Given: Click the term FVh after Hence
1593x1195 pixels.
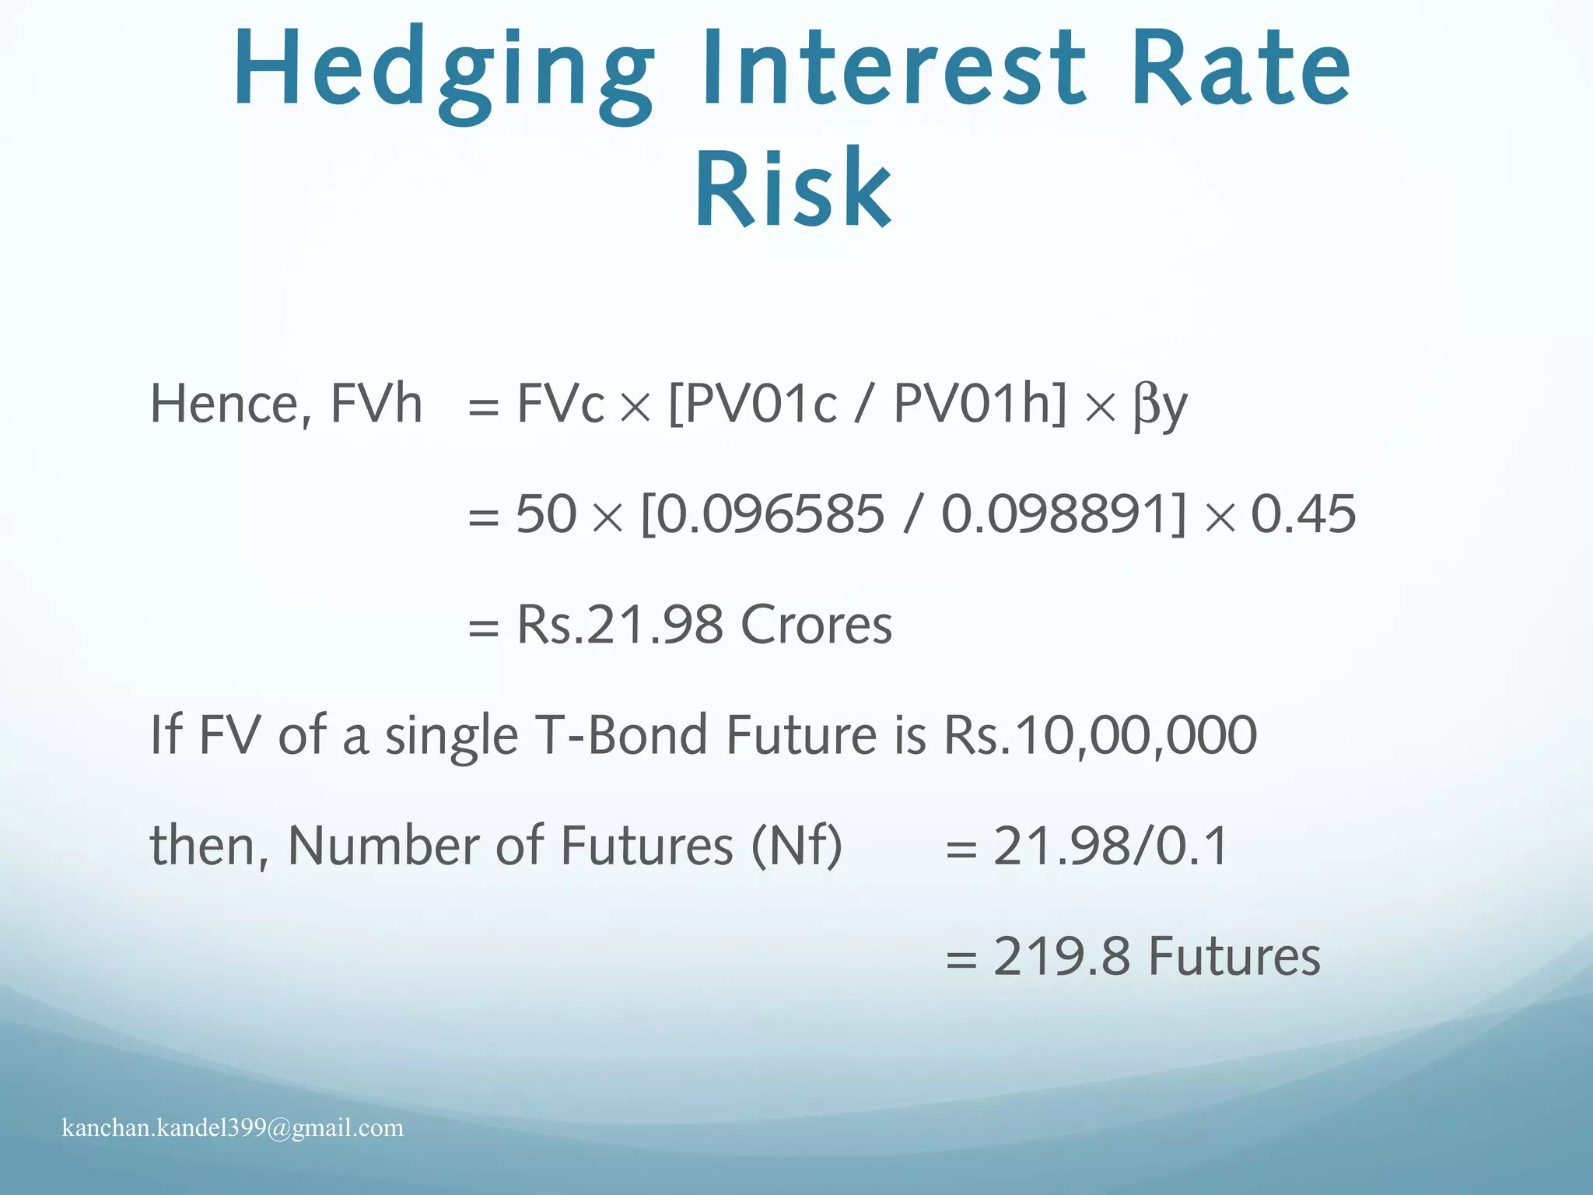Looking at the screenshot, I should tap(376, 405).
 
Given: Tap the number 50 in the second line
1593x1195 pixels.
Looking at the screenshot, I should tap(546, 515).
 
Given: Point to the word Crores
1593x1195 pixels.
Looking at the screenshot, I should tap(816, 625).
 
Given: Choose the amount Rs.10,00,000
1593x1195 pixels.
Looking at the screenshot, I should tap(1100, 735).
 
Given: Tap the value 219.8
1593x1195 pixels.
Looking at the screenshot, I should tap(1061, 956).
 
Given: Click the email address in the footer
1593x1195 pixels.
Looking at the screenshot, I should tap(233, 1128).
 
